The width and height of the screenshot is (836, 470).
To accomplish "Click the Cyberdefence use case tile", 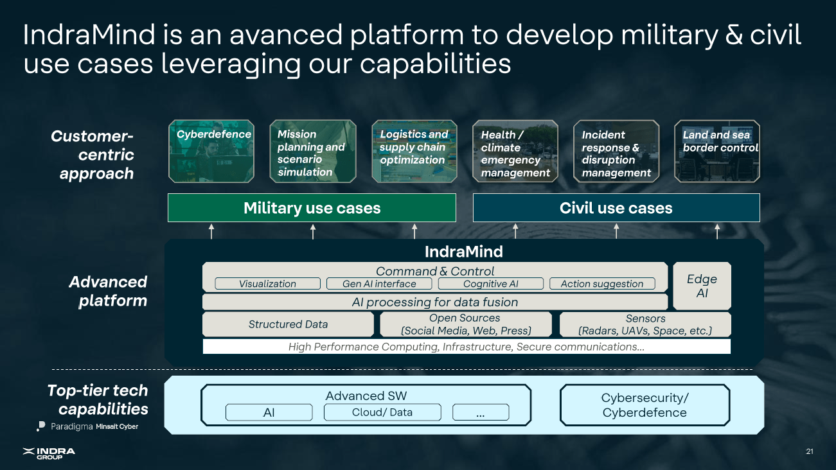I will [x=211, y=152].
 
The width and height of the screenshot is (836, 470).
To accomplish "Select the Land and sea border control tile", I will [x=717, y=152].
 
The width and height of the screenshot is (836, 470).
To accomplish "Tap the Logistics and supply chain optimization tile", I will [x=414, y=152].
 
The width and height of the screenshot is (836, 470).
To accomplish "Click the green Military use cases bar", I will [x=312, y=208].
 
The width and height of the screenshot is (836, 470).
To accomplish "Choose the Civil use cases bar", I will [x=616, y=208].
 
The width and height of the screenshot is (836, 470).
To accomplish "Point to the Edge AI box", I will [x=701, y=286].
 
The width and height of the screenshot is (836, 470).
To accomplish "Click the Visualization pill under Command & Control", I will [x=267, y=284].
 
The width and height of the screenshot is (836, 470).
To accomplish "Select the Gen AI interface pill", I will [x=379, y=284].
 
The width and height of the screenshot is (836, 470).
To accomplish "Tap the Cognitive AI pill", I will [x=490, y=284].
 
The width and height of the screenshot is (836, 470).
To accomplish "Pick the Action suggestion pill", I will [x=601, y=284].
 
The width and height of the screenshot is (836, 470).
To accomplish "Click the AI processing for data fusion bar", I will [x=434, y=302].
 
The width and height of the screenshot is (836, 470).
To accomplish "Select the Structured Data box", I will [x=288, y=324].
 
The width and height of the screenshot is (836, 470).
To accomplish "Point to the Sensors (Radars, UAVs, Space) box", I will [x=645, y=324].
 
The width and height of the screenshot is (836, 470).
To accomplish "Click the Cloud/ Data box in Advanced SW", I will [x=382, y=412].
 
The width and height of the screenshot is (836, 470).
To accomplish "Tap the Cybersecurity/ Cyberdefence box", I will [x=645, y=405].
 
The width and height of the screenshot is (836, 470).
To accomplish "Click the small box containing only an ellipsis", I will [x=480, y=413].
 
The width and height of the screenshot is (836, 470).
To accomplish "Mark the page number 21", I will [x=809, y=452].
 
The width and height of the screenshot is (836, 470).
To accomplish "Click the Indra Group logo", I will [x=49, y=453].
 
